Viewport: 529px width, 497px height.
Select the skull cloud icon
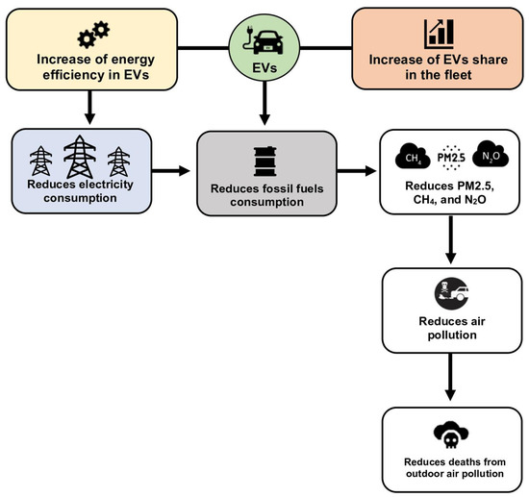[x=450, y=435]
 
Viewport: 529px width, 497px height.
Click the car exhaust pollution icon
[x=450, y=290]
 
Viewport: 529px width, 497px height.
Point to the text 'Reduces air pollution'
[x=450, y=325]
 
